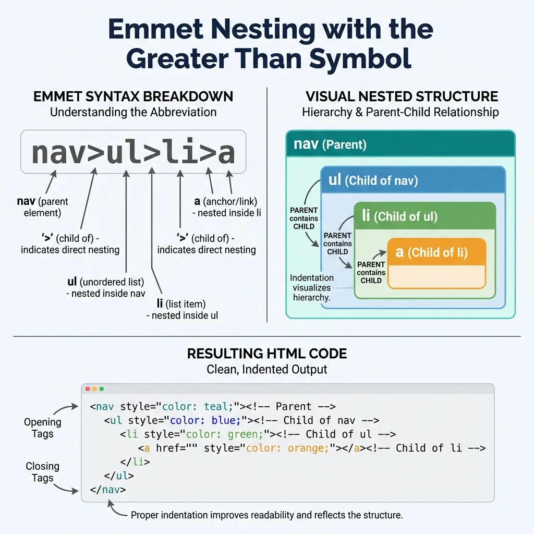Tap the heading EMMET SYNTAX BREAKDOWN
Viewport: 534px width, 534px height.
coord(133,97)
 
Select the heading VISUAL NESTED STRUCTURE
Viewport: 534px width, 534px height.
coord(402,97)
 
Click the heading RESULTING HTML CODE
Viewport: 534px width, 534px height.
coord(266,354)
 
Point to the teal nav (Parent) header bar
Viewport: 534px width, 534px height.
coord(400,143)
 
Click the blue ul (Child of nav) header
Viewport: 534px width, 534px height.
coord(412,180)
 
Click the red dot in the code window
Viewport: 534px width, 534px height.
coord(88,389)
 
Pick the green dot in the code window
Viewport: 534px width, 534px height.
coord(102,389)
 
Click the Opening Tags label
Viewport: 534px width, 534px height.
coord(43,428)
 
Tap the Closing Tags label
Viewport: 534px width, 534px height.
coord(43,471)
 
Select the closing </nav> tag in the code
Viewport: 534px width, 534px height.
coord(108,490)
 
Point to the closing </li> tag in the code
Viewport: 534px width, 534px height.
coord(135,462)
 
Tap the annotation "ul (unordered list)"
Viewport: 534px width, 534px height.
coord(105,282)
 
